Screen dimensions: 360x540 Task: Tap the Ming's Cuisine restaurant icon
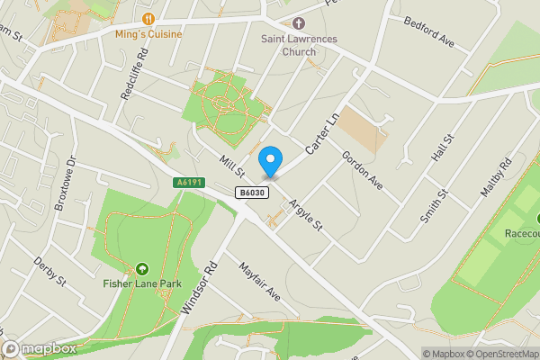click(148, 18)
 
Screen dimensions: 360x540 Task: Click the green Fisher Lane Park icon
click(142, 268)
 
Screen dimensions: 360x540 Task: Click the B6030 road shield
click(251, 193)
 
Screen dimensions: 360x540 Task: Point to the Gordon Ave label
click(362, 169)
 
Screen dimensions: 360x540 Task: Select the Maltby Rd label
click(496, 177)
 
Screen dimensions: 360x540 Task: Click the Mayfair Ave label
click(260, 281)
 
